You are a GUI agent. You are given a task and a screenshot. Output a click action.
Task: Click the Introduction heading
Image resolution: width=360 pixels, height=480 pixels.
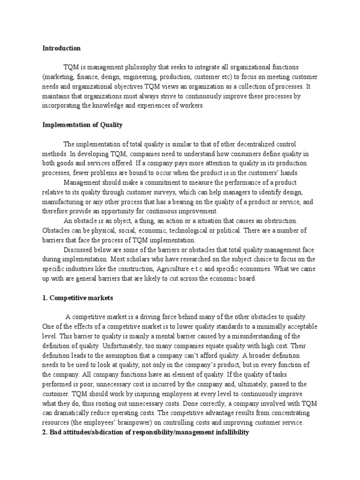(x=61, y=48)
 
